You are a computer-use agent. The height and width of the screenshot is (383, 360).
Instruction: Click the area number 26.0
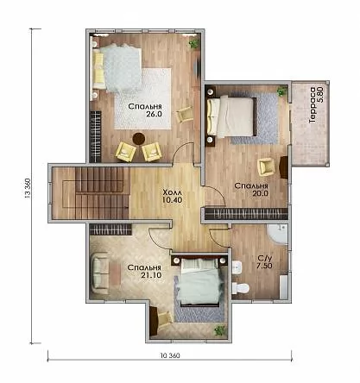click(x=154, y=114)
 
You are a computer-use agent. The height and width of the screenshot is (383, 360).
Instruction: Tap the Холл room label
click(x=173, y=192)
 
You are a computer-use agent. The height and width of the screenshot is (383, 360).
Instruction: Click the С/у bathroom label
click(x=264, y=258)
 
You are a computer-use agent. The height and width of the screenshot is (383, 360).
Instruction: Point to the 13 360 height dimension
click(x=28, y=189)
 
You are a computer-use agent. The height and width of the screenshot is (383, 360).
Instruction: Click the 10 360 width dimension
click(x=170, y=355)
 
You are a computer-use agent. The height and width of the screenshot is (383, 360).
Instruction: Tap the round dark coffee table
click(x=139, y=139)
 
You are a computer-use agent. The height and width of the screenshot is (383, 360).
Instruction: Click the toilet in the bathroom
click(x=240, y=288)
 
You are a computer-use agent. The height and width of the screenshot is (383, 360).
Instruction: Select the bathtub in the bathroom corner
click(x=277, y=234)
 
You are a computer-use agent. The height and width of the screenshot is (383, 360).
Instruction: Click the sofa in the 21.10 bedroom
click(x=99, y=273)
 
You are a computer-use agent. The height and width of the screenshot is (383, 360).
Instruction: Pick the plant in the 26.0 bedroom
click(x=193, y=43)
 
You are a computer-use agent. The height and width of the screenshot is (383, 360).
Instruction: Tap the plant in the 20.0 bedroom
click(x=281, y=91)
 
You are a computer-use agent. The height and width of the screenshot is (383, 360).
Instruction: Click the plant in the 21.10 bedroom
click(x=220, y=330)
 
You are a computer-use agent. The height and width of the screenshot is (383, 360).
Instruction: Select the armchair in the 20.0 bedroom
click(x=267, y=166)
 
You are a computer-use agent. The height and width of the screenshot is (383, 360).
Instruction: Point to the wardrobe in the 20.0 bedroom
click(x=246, y=214)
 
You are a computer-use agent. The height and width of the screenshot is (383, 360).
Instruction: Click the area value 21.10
click(x=151, y=275)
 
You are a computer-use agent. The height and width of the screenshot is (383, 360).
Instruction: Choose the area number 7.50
click(x=265, y=266)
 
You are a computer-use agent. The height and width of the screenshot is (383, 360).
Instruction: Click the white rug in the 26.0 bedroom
click(x=142, y=99)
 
